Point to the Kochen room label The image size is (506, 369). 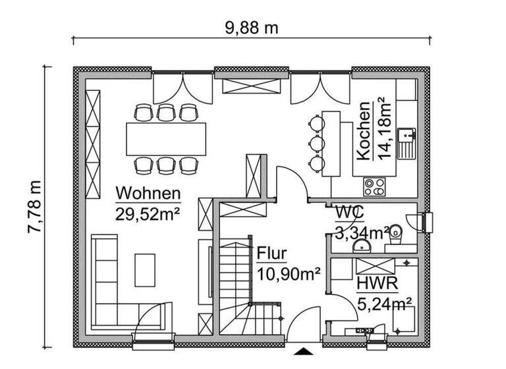coord(363,131)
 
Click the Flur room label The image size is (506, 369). coord(271,254)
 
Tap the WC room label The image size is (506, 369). coord(350,213)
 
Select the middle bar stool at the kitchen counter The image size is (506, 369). coord(317,142)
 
